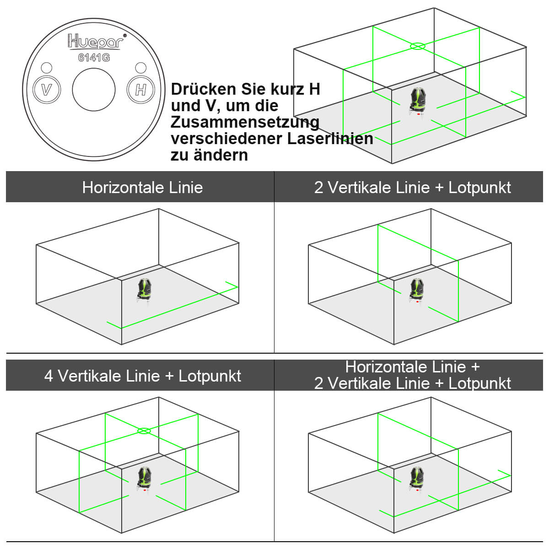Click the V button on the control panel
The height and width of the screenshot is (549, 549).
pyautogui.click(x=47, y=89)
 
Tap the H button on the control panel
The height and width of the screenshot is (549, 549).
pyautogui.click(x=140, y=89)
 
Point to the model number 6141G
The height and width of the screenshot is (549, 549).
pyautogui.click(x=94, y=58)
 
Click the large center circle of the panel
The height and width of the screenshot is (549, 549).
pyautogui.click(x=94, y=89)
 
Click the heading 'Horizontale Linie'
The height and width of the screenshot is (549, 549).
pyautogui.click(x=142, y=187)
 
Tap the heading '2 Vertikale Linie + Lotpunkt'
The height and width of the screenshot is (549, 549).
pyautogui.click(x=412, y=187)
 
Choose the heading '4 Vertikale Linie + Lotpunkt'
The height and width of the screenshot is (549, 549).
pyautogui.click(x=142, y=376)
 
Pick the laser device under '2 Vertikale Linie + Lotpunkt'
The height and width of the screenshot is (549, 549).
pyautogui.click(x=416, y=290)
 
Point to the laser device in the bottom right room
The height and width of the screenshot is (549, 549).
pyautogui.click(x=416, y=479)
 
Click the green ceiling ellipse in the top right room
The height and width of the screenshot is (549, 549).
pyautogui.click(x=417, y=46)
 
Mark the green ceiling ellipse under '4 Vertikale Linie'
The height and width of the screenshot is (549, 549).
pyautogui.click(x=144, y=431)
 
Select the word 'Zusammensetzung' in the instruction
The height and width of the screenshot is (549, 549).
pyautogui.click(x=245, y=122)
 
